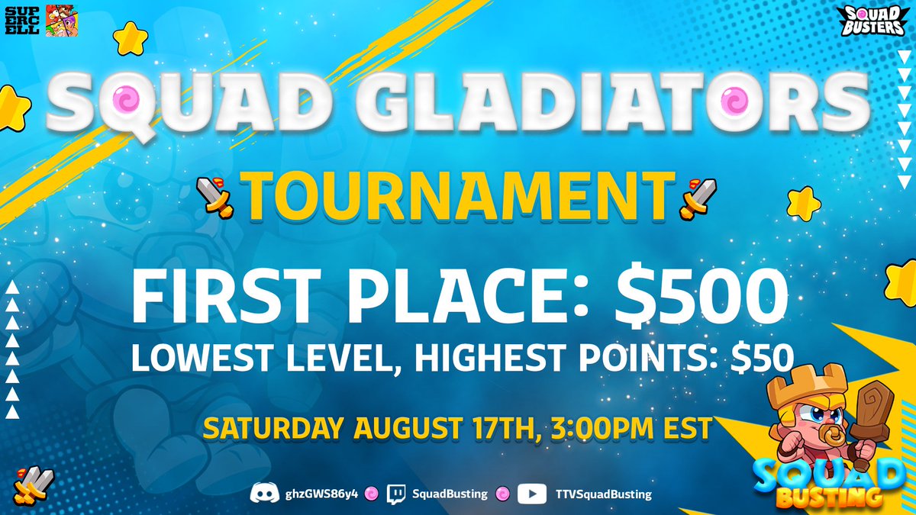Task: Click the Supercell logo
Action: point(23,20)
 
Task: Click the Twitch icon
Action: point(395,494)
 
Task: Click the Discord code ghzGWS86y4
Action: point(319,494)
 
